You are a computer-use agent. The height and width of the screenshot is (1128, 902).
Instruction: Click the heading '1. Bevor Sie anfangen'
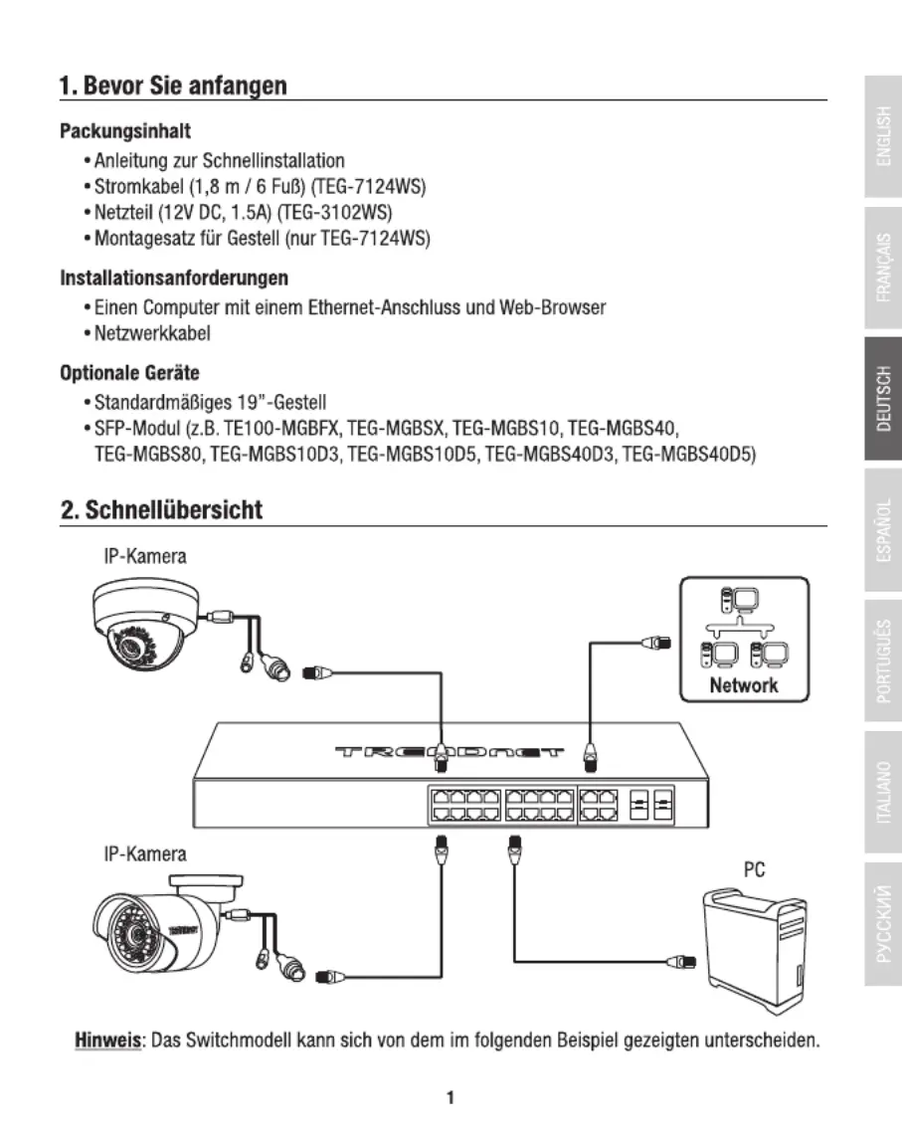coord(173,86)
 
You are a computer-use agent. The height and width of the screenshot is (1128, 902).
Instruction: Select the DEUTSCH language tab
coord(883,398)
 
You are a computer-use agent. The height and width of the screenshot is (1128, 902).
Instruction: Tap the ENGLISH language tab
coord(883,136)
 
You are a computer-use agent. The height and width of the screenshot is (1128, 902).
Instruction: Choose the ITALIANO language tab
coord(883,792)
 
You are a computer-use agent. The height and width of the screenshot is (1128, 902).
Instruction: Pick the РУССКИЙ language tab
coord(883,924)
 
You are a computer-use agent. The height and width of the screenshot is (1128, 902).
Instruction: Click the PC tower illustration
coord(754,950)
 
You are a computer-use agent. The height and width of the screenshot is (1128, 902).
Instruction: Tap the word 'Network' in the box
coord(744,684)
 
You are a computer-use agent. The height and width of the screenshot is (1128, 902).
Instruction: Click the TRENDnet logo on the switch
coord(450,752)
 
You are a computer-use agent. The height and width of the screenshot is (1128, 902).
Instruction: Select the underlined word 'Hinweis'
coord(107,1040)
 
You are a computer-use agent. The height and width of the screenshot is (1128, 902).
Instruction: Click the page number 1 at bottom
coord(451,1098)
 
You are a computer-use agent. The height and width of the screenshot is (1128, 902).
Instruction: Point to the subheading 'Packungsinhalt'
coord(125,131)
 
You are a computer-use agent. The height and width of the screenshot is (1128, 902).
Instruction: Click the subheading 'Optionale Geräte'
coord(129,373)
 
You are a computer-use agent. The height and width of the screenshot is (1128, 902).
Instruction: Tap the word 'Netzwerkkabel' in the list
coord(152,334)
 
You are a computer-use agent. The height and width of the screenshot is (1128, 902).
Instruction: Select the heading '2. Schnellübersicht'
coord(162,510)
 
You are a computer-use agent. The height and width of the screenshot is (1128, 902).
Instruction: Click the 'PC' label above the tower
coord(754,869)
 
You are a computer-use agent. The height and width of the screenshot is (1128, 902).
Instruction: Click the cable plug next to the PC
coord(680,961)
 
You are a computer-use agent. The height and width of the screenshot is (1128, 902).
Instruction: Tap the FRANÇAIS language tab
coord(883,267)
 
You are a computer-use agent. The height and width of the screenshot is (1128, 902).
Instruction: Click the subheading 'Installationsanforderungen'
coord(174,279)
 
